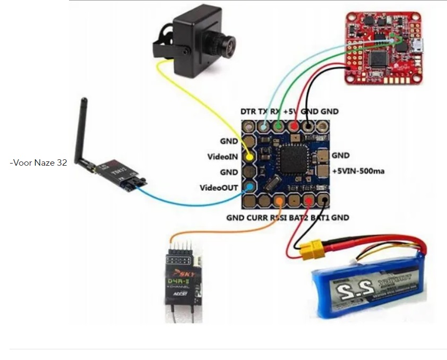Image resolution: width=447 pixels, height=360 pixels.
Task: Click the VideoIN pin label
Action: [223, 157]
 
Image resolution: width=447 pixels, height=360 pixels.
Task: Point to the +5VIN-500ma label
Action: [358, 171]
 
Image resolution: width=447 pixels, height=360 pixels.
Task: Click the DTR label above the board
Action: [248, 112]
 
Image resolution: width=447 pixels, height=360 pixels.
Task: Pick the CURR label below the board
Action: [257, 218]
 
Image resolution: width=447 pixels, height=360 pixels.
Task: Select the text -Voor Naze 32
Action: [38, 162]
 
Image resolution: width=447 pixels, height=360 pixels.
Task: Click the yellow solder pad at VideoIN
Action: [249, 157]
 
